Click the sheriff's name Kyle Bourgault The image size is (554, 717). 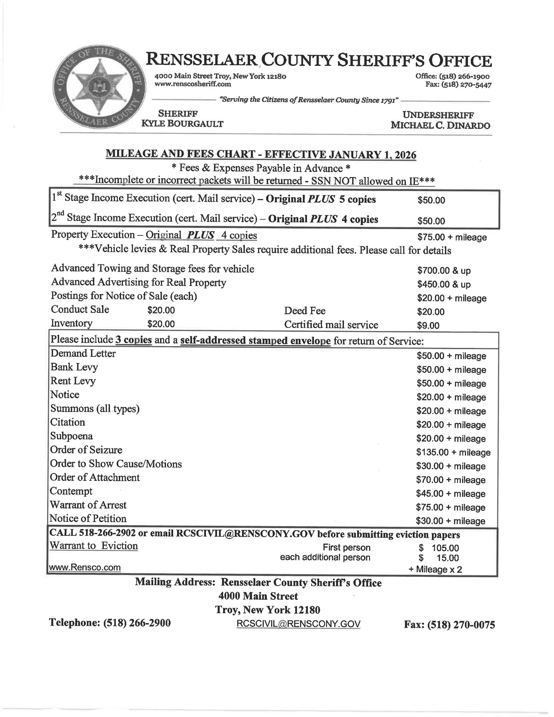pos(182,124)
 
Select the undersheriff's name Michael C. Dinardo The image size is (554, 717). pos(440,125)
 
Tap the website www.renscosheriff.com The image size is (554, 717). pos(193,84)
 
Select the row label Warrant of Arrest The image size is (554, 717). pos(88,505)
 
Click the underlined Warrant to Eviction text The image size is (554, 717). pos(93,546)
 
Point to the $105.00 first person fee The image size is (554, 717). pos(445,548)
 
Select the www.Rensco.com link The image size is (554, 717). pos(85,567)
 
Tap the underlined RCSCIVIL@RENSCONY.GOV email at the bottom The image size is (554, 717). pos(298,624)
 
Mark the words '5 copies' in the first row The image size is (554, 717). pos(357,199)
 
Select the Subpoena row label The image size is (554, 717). pos(71,436)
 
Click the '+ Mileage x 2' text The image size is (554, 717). pos(435,569)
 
